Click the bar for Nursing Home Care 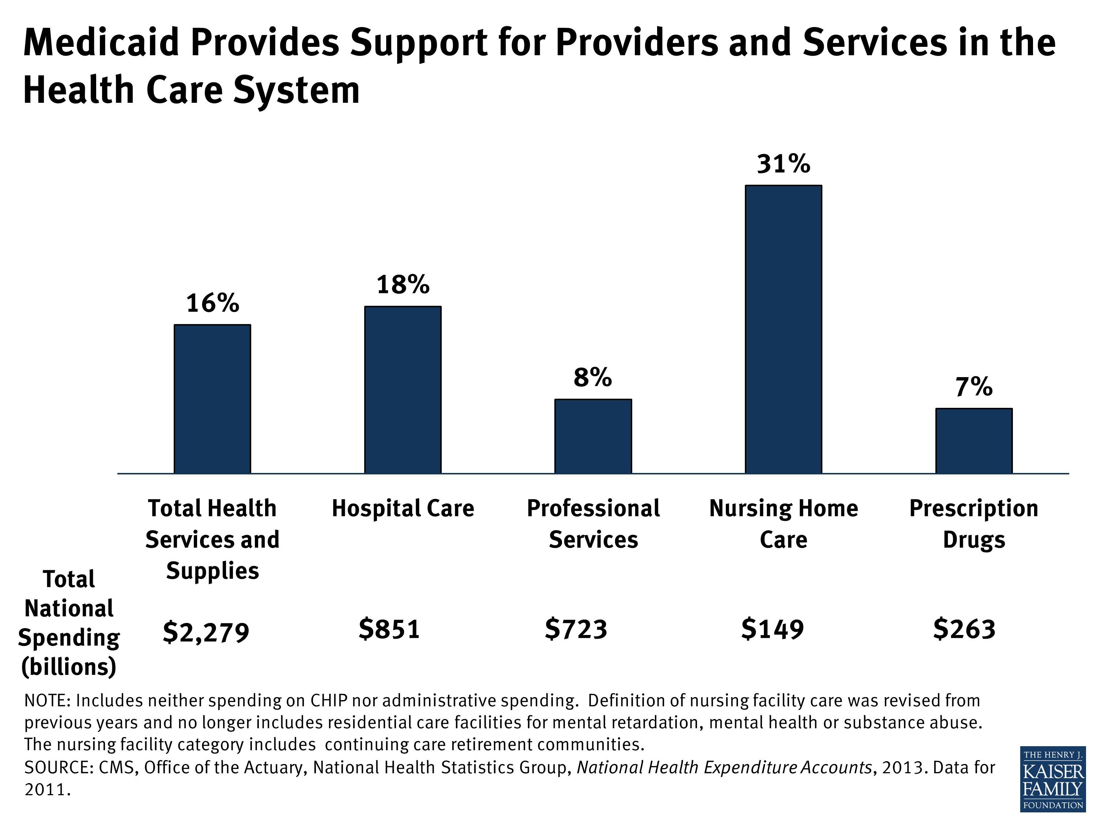(x=783, y=330)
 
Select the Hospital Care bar (x=403, y=390)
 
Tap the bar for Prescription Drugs (x=973, y=441)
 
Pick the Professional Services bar (x=593, y=436)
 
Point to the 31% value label (x=783, y=164)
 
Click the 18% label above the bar (x=403, y=285)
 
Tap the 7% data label (x=973, y=387)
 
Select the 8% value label (x=593, y=377)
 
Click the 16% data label (x=212, y=303)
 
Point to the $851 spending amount (x=389, y=629)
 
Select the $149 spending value (x=772, y=629)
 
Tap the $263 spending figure (x=964, y=629)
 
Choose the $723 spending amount (x=576, y=629)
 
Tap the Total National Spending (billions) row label (x=69, y=623)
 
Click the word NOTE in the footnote (x=48, y=701)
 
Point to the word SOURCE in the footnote (x=59, y=767)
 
